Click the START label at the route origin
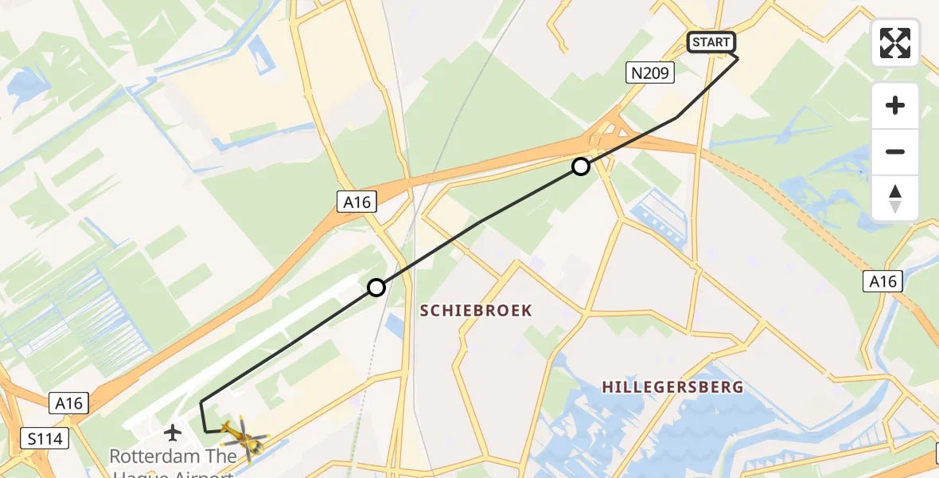711,43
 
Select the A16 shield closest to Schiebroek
357,202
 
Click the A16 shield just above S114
68,404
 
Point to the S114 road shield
45,438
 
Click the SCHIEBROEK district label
476,311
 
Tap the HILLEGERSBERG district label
672,387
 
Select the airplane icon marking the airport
172,433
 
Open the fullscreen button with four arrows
895,43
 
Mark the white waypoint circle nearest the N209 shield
581,167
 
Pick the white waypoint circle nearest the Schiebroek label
376,288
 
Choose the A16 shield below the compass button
883,281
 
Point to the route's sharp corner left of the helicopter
201,402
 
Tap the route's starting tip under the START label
737,58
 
